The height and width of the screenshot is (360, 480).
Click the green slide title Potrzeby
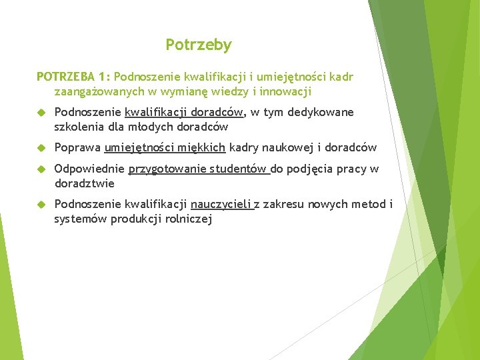[199, 45]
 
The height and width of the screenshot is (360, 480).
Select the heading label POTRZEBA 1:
[73, 77]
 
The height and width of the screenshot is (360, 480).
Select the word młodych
[159, 127]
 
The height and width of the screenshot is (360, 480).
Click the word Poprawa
[77, 147]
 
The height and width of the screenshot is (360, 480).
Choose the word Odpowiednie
[89, 169]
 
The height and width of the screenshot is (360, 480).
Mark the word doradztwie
[85, 183]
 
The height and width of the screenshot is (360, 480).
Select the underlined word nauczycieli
[221, 204]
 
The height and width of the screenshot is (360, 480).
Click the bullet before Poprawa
[41, 148]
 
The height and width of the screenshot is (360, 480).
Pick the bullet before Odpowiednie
[41, 169]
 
